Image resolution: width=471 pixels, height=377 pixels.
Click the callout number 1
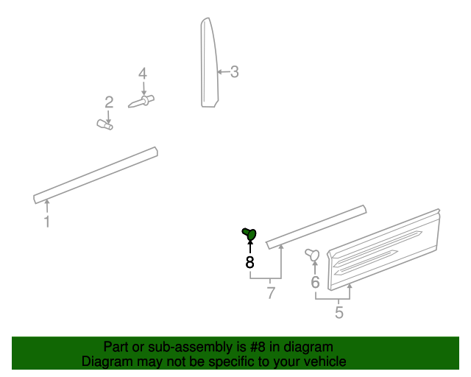pyautogui.click(x=47, y=221)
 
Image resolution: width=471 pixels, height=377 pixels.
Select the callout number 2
pyautogui.click(x=109, y=102)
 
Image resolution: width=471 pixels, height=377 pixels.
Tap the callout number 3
pyautogui.click(x=234, y=72)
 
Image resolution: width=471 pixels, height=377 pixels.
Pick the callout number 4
pyautogui.click(x=143, y=74)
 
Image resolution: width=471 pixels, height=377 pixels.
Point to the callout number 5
pyautogui.click(x=339, y=312)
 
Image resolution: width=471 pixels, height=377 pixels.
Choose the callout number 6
pyautogui.click(x=315, y=282)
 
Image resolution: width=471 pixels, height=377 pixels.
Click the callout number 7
pyautogui.click(x=271, y=293)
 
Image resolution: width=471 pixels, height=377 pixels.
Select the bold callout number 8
pyautogui.click(x=249, y=261)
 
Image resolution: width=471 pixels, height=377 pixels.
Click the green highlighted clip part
pyautogui.click(x=249, y=234)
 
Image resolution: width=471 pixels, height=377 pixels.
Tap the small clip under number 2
pyautogui.click(x=105, y=126)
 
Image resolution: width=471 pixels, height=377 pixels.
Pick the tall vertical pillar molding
pyautogui.click(x=210, y=66)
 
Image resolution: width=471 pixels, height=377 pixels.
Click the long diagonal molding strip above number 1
pyautogui.click(x=96, y=175)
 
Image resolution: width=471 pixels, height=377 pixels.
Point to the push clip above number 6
pyautogui.click(x=312, y=255)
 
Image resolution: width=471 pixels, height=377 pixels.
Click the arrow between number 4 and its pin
pyautogui.click(x=144, y=87)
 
